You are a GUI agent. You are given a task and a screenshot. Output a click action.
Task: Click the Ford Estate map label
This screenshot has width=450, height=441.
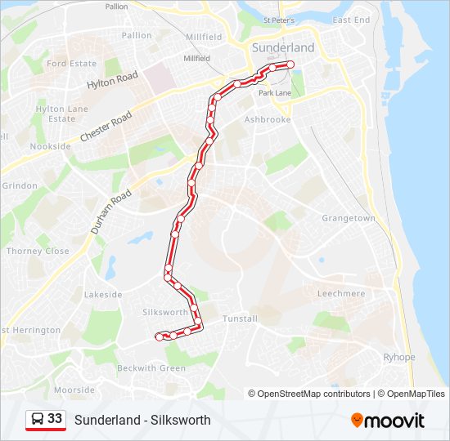click(x=71, y=64)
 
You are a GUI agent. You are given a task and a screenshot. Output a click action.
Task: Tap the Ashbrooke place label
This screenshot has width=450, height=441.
click(x=268, y=119)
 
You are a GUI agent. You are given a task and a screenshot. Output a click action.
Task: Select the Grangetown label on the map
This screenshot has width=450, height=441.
click(x=348, y=219)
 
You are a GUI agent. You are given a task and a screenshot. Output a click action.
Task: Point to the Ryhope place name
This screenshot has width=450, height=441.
click(x=399, y=358)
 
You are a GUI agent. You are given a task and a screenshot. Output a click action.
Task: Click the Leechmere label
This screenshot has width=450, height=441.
click(x=340, y=292)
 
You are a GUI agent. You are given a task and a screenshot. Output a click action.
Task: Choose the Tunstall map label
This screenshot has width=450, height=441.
click(x=240, y=318)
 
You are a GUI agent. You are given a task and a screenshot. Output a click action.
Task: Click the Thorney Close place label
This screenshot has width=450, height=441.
click(x=38, y=252)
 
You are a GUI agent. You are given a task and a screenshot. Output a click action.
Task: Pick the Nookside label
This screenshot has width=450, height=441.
click(x=50, y=146)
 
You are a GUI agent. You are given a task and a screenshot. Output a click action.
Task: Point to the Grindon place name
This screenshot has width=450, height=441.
click(x=19, y=186)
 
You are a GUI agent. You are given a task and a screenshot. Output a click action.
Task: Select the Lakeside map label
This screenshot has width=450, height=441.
click(x=103, y=295)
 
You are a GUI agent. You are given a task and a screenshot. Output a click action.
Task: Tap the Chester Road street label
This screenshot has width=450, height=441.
click(x=106, y=128)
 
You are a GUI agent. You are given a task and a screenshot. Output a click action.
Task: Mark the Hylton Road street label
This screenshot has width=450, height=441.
click(x=112, y=78)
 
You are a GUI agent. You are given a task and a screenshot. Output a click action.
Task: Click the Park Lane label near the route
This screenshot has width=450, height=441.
click(x=276, y=94)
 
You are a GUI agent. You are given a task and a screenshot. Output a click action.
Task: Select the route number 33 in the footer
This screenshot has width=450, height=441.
click(x=55, y=419)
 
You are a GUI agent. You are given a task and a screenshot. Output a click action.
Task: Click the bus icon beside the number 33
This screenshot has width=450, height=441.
click(x=37, y=420)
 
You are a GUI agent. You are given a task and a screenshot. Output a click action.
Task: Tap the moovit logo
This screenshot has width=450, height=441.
click(x=388, y=421)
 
